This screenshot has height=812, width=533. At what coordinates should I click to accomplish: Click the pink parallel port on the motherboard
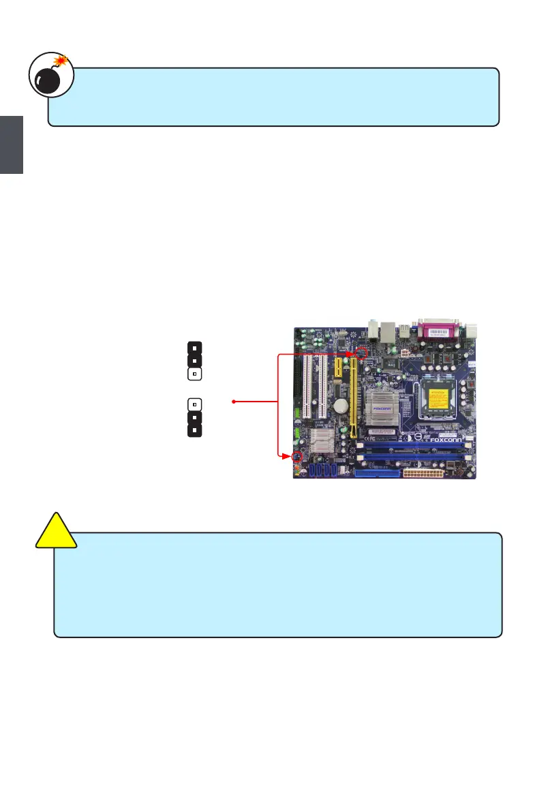(x=438, y=333)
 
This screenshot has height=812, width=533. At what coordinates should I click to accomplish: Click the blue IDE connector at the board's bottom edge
(x=371, y=472)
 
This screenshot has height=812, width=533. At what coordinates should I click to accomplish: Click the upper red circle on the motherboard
(x=362, y=353)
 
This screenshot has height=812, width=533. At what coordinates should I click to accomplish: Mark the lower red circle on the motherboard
(x=296, y=456)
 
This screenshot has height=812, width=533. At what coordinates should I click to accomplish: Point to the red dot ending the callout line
(x=234, y=402)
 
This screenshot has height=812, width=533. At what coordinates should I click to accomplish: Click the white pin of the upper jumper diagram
(x=194, y=374)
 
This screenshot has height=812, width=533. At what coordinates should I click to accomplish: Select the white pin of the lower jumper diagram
(x=194, y=404)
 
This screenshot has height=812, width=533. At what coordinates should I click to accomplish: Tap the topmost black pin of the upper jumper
(x=194, y=346)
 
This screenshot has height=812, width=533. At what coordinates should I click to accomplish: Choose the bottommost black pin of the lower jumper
(x=194, y=430)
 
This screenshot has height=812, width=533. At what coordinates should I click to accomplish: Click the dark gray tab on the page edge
(x=12, y=145)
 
